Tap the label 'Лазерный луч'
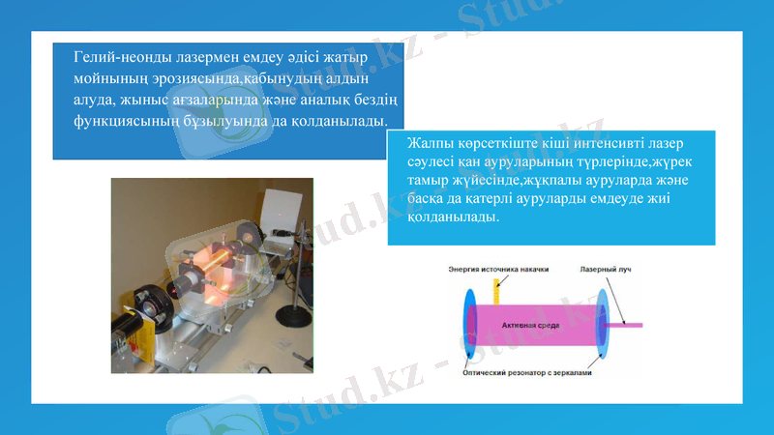pos(605,269)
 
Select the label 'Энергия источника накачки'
pos(498,269)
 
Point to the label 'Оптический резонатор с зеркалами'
pos(526,371)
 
